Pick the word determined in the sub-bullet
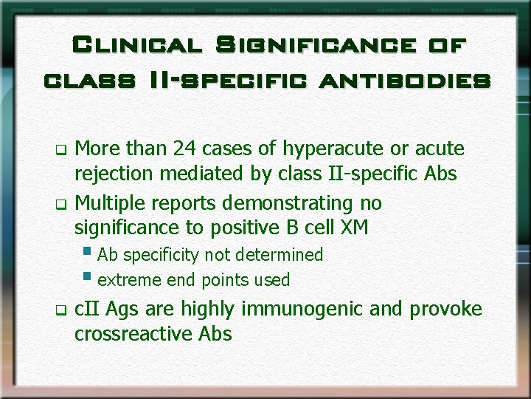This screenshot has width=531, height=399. coord(282,255)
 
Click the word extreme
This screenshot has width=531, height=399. coord(126,280)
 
